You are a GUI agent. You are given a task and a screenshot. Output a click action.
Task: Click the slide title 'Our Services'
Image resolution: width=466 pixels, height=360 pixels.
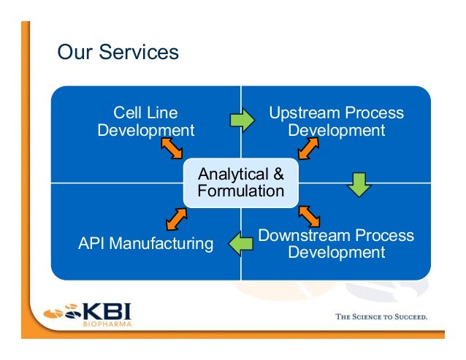point(118,53)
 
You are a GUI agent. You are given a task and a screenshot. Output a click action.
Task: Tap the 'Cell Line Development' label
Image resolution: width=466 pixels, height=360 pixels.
point(145,122)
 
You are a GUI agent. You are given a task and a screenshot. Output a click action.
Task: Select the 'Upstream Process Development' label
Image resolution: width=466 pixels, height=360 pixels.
point(336,122)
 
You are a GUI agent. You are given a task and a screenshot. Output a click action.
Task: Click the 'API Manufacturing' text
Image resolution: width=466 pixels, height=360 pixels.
point(145,243)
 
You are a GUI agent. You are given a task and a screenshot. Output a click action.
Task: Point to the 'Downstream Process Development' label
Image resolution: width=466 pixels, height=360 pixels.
point(336,244)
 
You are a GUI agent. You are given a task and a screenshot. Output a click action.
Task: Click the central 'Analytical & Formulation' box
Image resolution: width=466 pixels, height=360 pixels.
point(240,183)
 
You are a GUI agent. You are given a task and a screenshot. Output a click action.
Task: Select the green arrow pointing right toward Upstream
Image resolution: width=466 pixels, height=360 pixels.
point(242,118)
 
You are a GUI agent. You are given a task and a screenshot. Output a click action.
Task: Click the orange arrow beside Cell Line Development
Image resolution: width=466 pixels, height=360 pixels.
point(172,148)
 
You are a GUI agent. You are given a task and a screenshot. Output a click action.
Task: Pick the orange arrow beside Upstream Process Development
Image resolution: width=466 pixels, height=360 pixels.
point(308,148)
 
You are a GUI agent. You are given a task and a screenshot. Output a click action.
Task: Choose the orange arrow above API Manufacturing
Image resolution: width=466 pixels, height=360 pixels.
point(176,218)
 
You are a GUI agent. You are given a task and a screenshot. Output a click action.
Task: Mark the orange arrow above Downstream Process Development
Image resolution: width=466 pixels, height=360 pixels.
point(310,215)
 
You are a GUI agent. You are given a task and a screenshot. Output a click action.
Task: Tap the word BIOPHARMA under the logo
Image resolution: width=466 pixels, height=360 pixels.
point(105,324)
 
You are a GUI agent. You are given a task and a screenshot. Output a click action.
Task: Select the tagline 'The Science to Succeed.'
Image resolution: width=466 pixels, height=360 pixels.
point(381,317)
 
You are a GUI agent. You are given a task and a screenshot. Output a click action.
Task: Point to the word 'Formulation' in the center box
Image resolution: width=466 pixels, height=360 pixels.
point(240,191)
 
